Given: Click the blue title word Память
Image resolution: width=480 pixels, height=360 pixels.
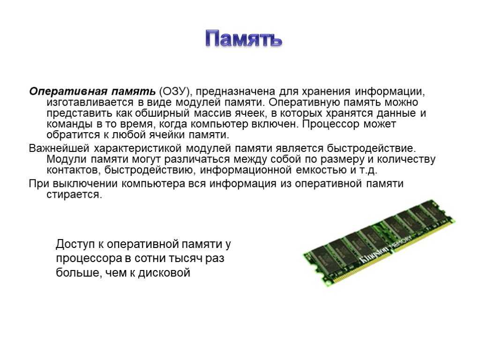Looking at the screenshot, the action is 243,39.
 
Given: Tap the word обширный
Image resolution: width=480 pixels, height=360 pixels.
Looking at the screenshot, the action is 162,113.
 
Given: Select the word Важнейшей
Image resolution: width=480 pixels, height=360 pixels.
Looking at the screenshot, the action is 59,149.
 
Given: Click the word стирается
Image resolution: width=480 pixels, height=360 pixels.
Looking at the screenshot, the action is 74,195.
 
